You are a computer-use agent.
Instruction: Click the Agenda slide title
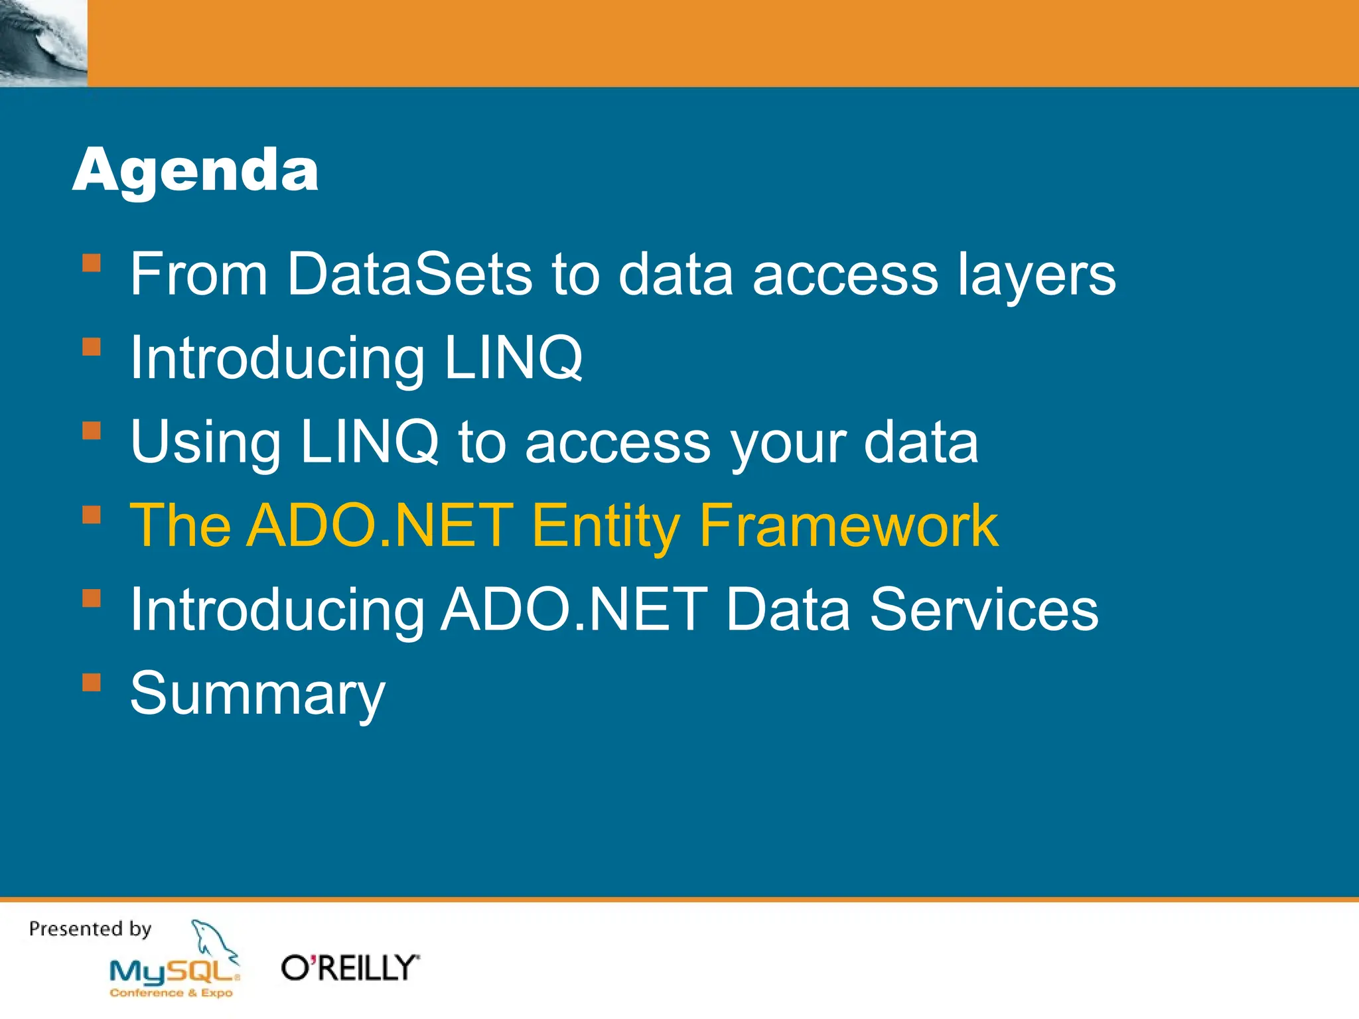(x=195, y=171)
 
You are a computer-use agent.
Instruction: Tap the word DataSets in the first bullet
(x=409, y=274)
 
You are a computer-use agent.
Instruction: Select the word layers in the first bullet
(x=1036, y=275)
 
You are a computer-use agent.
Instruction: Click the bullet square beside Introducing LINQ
(x=92, y=347)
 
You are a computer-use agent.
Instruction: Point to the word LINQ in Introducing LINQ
(x=513, y=358)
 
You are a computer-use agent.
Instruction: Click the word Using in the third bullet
(x=205, y=442)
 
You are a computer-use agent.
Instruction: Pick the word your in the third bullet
(x=788, y=442)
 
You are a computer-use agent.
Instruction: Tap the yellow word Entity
(x=605, y=526)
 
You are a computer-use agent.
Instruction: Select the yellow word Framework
(x=848, y=526)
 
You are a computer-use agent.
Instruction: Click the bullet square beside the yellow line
(x=92, y=515)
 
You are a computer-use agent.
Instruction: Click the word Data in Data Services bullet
(x=787, y=610)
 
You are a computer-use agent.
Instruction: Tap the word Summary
(x=257, y=694)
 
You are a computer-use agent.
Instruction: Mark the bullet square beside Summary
(x=92, y=683)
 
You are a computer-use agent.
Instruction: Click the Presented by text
(x=90, y=929)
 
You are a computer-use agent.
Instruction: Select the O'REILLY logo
(x=350, y=968)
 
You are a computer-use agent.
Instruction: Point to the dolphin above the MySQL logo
(x=212, y=941)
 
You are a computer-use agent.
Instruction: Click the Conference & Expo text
(x=171, y=993)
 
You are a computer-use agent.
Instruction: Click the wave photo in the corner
(x=43, y=43)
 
